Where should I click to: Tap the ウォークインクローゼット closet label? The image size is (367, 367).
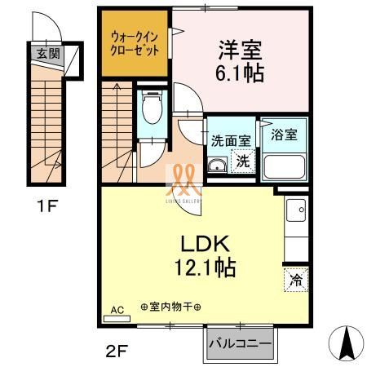[135, 42]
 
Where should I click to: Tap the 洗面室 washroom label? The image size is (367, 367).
[230, 139]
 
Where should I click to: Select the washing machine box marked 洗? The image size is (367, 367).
[243, 161]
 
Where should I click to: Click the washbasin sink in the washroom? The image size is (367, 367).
[217, 166]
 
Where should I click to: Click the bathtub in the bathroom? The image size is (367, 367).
[285, 166]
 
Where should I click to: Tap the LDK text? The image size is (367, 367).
[205, 243]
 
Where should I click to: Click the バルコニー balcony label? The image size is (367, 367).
[239, 343]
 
